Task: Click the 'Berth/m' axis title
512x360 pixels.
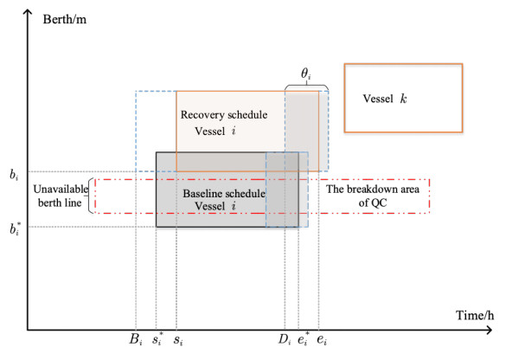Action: click(x=65, y=19)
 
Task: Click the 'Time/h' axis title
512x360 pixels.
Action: click(x=475, y=315)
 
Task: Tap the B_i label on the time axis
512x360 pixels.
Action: click(x=136, y=340)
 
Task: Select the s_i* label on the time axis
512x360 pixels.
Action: click(x=157, y=339)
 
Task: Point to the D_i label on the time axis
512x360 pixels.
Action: click(x=285, y=340)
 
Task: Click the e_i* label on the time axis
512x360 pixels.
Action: click(x=304, y=339)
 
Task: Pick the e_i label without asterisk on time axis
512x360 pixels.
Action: click(x=322, y=340)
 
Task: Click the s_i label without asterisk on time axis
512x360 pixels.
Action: click(x=178, y=340)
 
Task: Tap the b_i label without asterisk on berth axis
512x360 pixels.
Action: click(x=14, y=175)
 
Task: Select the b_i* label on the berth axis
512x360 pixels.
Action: click(x=15, y=228)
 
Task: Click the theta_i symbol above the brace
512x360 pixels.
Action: click(x=305, y=74)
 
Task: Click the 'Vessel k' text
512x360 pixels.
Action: click(x=385, y=99)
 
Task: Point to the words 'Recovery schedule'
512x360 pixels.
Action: click(x=224, y=115)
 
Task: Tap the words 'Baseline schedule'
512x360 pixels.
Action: click(x=224, y=193)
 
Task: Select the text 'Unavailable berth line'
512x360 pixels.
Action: click(x=61, y=196)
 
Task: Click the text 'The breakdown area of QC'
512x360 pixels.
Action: click(x=373, y=196)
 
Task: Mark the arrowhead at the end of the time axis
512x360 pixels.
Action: click(x=490, y=330)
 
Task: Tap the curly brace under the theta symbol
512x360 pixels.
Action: click(x=306, y=87)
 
